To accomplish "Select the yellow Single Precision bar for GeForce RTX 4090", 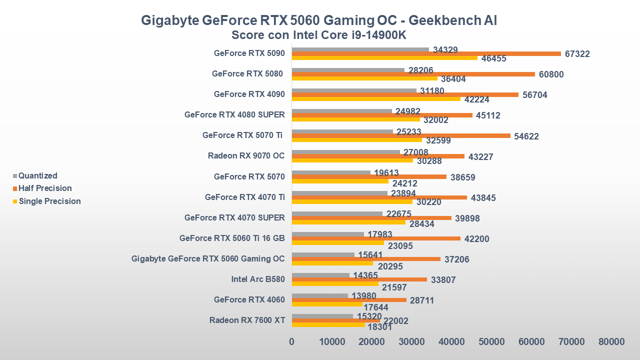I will (x=376, y=98).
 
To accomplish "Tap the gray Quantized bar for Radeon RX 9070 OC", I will (x=345, y=152).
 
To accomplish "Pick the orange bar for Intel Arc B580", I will (x=359, y=279).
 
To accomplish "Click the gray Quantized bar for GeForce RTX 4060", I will (x=319, y=295).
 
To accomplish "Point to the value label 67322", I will (x=577, y=54).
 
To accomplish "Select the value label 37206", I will (x=456, y=259).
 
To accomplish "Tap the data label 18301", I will (x=380, y=328).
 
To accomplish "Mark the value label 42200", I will (x=476, y=239).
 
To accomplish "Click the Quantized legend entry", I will (x=37, y=175).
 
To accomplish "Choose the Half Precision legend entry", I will (x=45, y=188).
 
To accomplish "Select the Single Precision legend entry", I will (x=49, y=201).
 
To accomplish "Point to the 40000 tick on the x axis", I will (x=451, y=342).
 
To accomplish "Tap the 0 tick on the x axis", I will (x=292, y=342).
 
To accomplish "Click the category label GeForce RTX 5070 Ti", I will (x=243, y=135).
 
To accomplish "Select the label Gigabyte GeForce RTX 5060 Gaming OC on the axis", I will (x=208, y=258).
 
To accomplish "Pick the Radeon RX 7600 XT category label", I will (x=247, y=320).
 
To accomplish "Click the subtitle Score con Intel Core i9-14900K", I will (x=319, y=35).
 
